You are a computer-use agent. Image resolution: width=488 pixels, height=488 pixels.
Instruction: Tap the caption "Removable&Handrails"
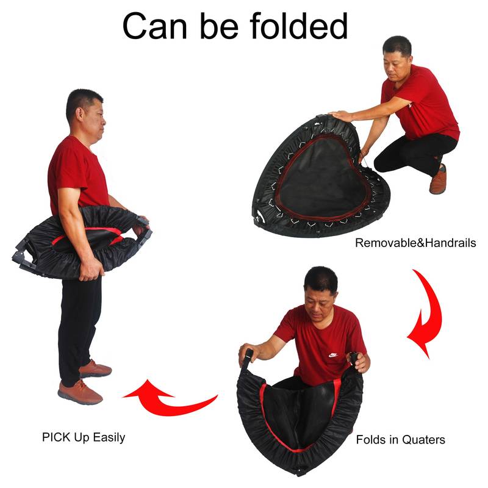[x=415, y=243]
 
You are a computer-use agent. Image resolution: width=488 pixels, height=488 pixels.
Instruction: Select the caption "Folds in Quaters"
[x=400, y=439]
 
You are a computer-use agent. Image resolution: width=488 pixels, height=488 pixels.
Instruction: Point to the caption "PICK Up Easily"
[x=84, y=437]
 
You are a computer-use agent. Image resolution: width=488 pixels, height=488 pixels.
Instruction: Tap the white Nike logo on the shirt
[x=332, y=354]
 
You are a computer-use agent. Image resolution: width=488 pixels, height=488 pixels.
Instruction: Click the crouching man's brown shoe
[x=438, y=181]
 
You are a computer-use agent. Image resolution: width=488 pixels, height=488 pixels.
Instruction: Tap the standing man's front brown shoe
[x=80, y=392]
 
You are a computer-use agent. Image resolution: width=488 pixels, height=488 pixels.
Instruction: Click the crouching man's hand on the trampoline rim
[x=341, y=115]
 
